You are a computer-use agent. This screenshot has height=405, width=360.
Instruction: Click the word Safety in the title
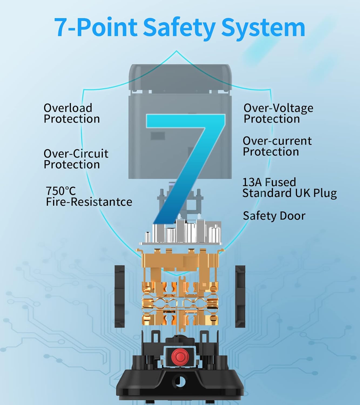pyautogui.click(x=179, y=28)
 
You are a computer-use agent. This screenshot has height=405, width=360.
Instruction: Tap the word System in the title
pyautogui.click(x=263, y=28)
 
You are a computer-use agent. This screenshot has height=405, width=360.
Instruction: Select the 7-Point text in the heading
pyautogui.click(x=96, y=28)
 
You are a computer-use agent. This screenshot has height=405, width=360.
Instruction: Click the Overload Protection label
pyautogui.click(x=72, y=113)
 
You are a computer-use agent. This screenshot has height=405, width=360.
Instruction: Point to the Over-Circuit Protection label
pyautogui.click(x=76, y=159)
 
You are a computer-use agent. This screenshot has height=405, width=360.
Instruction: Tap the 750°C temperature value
pyautogui.click(x=61, y=191)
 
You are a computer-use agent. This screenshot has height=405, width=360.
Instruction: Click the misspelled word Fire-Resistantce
pyautogui.click(x=89, y=202)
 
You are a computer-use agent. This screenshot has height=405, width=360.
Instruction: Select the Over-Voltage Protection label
pyautogui.click(x=278, y=113)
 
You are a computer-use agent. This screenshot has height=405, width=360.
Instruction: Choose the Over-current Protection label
pyautogui.click(x=277, y=146)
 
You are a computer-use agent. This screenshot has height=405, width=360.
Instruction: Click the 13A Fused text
pyautogui.click(x=269, y=182)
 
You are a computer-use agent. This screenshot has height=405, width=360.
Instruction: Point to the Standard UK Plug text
pyautogui.click(x=290, y=193)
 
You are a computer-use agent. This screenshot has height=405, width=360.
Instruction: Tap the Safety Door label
pyautogui.click(x=274, y=216)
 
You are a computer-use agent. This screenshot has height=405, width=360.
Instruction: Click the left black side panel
pyautogui.click(x=119, y=296)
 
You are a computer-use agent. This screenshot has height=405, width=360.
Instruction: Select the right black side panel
pyautogui.click(x=240, y=296)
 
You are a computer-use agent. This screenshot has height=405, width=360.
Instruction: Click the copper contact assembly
pyautogui.click(x=180, y=292)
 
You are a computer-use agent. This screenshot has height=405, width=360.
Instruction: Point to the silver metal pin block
pyautogui.click(x=180, y=233)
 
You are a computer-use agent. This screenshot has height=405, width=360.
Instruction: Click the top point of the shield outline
pyautogui.click(x=177, y=51)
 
